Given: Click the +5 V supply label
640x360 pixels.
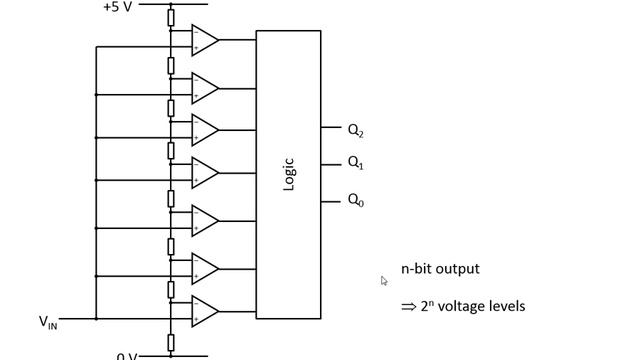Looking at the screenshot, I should click(x=119, y=7).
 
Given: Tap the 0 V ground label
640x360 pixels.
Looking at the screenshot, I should click(x=127, y=355).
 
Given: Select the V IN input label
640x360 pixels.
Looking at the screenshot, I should click(x=48, y=321).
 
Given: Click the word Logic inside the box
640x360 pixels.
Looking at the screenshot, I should click(x=289, y=174).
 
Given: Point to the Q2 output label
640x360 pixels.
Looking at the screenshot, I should click(x=356, y=129).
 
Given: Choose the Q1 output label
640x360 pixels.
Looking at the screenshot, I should click(x=356, y=163).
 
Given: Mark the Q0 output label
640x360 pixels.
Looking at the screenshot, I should click(x=356, y=200).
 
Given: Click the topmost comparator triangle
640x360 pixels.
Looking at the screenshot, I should click(x=204, y=40).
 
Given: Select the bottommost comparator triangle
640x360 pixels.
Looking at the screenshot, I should click(x=204, y=310).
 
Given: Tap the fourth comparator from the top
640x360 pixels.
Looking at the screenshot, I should click(x=204, y=172).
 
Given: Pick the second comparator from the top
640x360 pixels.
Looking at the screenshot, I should click(x=204, y=87).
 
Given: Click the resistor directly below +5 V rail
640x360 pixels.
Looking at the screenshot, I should click(x=171, y=17).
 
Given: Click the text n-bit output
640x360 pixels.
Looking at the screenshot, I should click(x=440, y=268).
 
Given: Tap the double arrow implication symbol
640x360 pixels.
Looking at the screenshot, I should click(x=408, y=307).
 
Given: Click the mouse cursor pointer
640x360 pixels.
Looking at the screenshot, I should click(x=384, y=281).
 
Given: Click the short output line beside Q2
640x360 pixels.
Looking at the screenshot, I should click(x=331, y=127).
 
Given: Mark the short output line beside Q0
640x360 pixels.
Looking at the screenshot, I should click(x=331, y=201).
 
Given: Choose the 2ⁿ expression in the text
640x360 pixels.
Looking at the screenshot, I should click(x=427, y=305).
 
